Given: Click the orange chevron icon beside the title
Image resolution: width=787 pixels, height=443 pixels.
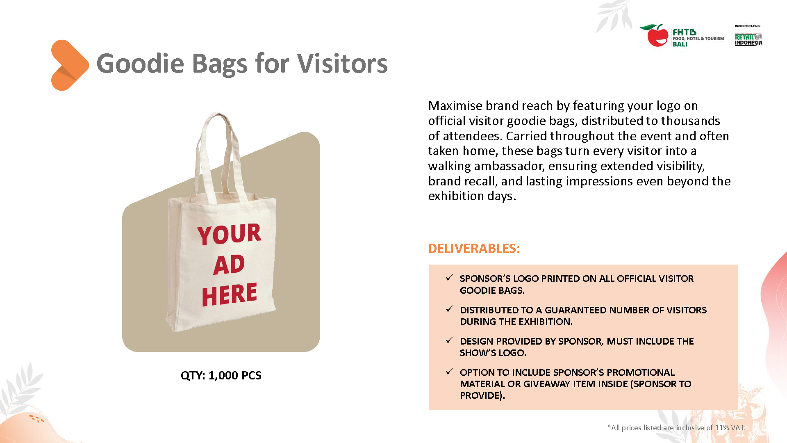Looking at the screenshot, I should coord(69,65).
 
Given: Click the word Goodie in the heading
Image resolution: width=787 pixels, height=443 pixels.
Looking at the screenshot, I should coord(140,64).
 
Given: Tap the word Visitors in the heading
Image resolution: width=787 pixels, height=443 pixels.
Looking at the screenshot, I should coord(342,64).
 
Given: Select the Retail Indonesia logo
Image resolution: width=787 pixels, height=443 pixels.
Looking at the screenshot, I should coord(748,39).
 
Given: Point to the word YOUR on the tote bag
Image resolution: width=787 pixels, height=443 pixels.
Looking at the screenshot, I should coord(229,234).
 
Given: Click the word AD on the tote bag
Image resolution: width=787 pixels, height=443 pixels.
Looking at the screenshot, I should coord(229,265).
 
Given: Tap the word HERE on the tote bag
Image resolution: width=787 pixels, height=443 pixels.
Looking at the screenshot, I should coord(229,294).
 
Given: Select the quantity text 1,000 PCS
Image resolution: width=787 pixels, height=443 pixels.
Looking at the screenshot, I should coord(234,375).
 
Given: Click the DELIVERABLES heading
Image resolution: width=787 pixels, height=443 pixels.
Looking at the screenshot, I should coord(473,249).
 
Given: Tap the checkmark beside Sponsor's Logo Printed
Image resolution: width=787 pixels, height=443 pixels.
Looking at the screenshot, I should coord(450,278).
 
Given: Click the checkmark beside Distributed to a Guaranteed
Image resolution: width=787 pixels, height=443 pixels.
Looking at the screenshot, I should coord(450,309).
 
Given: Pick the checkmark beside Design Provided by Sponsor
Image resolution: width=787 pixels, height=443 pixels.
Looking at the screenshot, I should coord(450,340).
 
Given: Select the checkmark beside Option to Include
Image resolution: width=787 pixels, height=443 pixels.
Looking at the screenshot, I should coord(450,372).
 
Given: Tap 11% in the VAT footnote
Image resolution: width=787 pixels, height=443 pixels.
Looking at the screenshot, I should coord(722,427).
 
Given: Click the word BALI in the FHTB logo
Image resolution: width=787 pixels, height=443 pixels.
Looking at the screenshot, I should coord(680,44).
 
